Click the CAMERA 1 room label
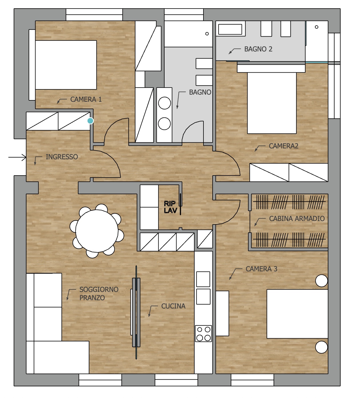click(86, 100)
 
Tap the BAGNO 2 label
click(258, 49)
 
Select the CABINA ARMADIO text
click(297, 218)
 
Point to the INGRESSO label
click(62, 157)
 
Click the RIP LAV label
click(171, 207)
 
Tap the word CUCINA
click(173, 306)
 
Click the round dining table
click(97, 231)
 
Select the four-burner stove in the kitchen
click(203, 333)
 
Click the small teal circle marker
click(90, 121)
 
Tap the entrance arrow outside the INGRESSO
click(17, 157)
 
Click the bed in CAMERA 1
click(66, 65)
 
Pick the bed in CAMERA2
click(272, 103)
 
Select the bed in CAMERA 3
click(297, 314)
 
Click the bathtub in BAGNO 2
click(230, 29)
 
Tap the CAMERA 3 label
click(261, 269)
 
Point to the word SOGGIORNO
click(99, 289)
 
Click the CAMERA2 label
click(284, 146)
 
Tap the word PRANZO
click(92, 298)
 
